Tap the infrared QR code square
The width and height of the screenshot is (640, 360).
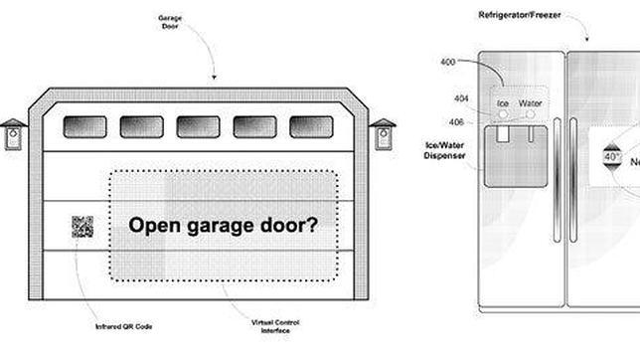coord(81,227)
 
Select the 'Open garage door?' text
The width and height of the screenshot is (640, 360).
coord(225,225)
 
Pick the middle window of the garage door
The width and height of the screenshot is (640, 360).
coord(198,127)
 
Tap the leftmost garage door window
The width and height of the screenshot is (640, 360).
coord(84,127)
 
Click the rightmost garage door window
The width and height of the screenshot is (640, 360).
coord(311,127)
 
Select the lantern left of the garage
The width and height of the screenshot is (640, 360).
coord(13,134)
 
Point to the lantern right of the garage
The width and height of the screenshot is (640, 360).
coord(383,134)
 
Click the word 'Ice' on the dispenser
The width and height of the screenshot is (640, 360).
coord(504,101)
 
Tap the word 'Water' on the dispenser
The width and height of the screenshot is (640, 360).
coord(531,101)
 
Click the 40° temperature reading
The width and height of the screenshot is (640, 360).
coord(611,157)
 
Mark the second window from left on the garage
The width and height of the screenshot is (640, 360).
coord(141,127)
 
